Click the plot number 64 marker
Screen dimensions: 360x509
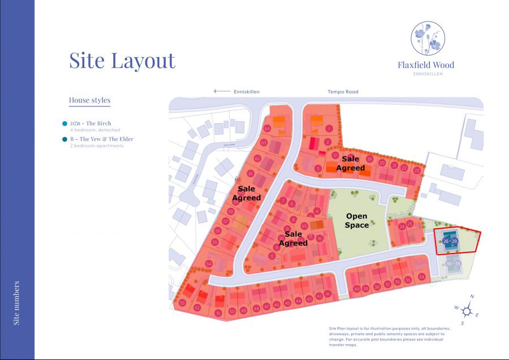[x=267, y=128]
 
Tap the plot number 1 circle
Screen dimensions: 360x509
[x=329, y=128]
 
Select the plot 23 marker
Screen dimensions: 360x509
[x=417, y=170]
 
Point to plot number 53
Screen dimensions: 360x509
[x=182, y=303]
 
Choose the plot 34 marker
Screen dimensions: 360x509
[x=421, y=276]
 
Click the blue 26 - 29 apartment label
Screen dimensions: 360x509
[x=450, y=242]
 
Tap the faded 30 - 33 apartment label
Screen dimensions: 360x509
[x=453, y=264]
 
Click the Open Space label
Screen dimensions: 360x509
[x=356, y=220]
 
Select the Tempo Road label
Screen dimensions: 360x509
[x=343, y=92]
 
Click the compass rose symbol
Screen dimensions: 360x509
[x=467, y=310]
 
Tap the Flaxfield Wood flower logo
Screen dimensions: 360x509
[x=428, y=38]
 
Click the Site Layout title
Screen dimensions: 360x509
[x=122, y=60]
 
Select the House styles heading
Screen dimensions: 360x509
[x=89, y=101]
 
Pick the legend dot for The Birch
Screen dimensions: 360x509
[x=65, y=123]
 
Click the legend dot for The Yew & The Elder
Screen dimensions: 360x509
[x=65, y=139]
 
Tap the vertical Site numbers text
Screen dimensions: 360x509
[x=16, y=302]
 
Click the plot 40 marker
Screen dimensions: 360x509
[x=356, y=289]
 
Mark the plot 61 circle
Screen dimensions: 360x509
[x=251, y=173]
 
